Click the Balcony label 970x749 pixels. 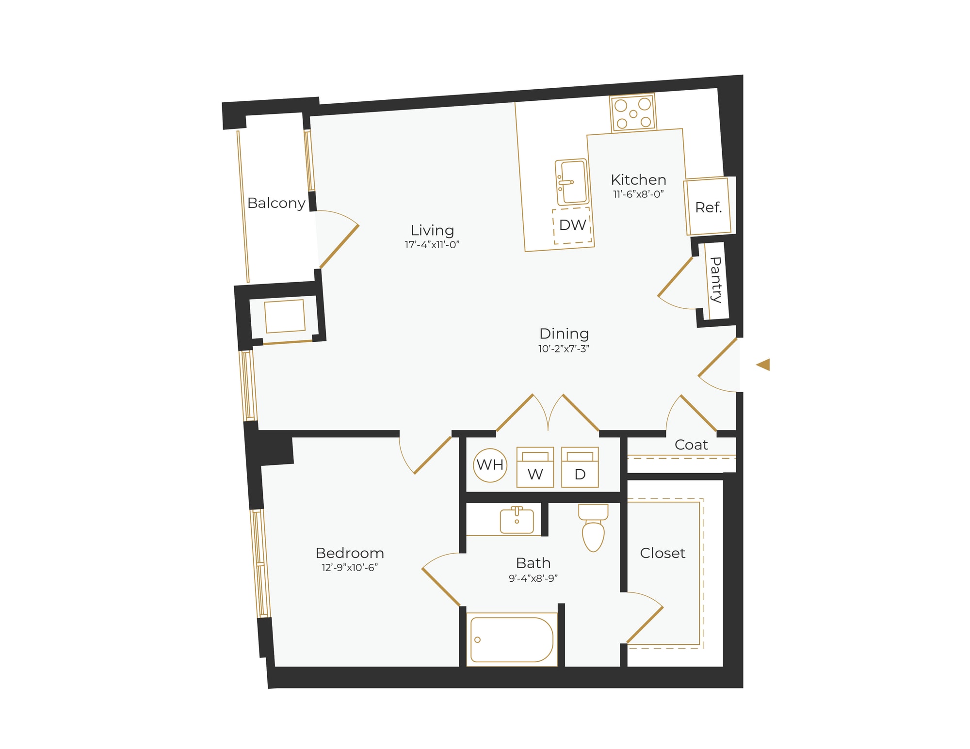(276, 203)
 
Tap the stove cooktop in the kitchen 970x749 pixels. (633, 113)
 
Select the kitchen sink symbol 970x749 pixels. (572, 182)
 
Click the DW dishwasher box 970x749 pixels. (572, 225)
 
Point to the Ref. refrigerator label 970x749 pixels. (709, 208)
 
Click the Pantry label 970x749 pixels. (715, 280)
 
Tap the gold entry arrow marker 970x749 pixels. (763, 365)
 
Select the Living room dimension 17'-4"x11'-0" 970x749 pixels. (432, 245)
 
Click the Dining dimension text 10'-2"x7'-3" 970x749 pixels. (564, 349)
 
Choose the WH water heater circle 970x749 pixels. (490, 465)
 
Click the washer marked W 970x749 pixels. (535, 467)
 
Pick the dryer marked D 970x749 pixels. (580, 467)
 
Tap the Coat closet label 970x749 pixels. (691, 445)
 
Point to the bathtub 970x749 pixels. (512, 639)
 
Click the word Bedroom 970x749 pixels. (350, 553)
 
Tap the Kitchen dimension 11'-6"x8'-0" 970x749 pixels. (638, 194)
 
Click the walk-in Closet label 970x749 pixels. (663, 553)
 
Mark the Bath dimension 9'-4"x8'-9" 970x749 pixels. (533, 578)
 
